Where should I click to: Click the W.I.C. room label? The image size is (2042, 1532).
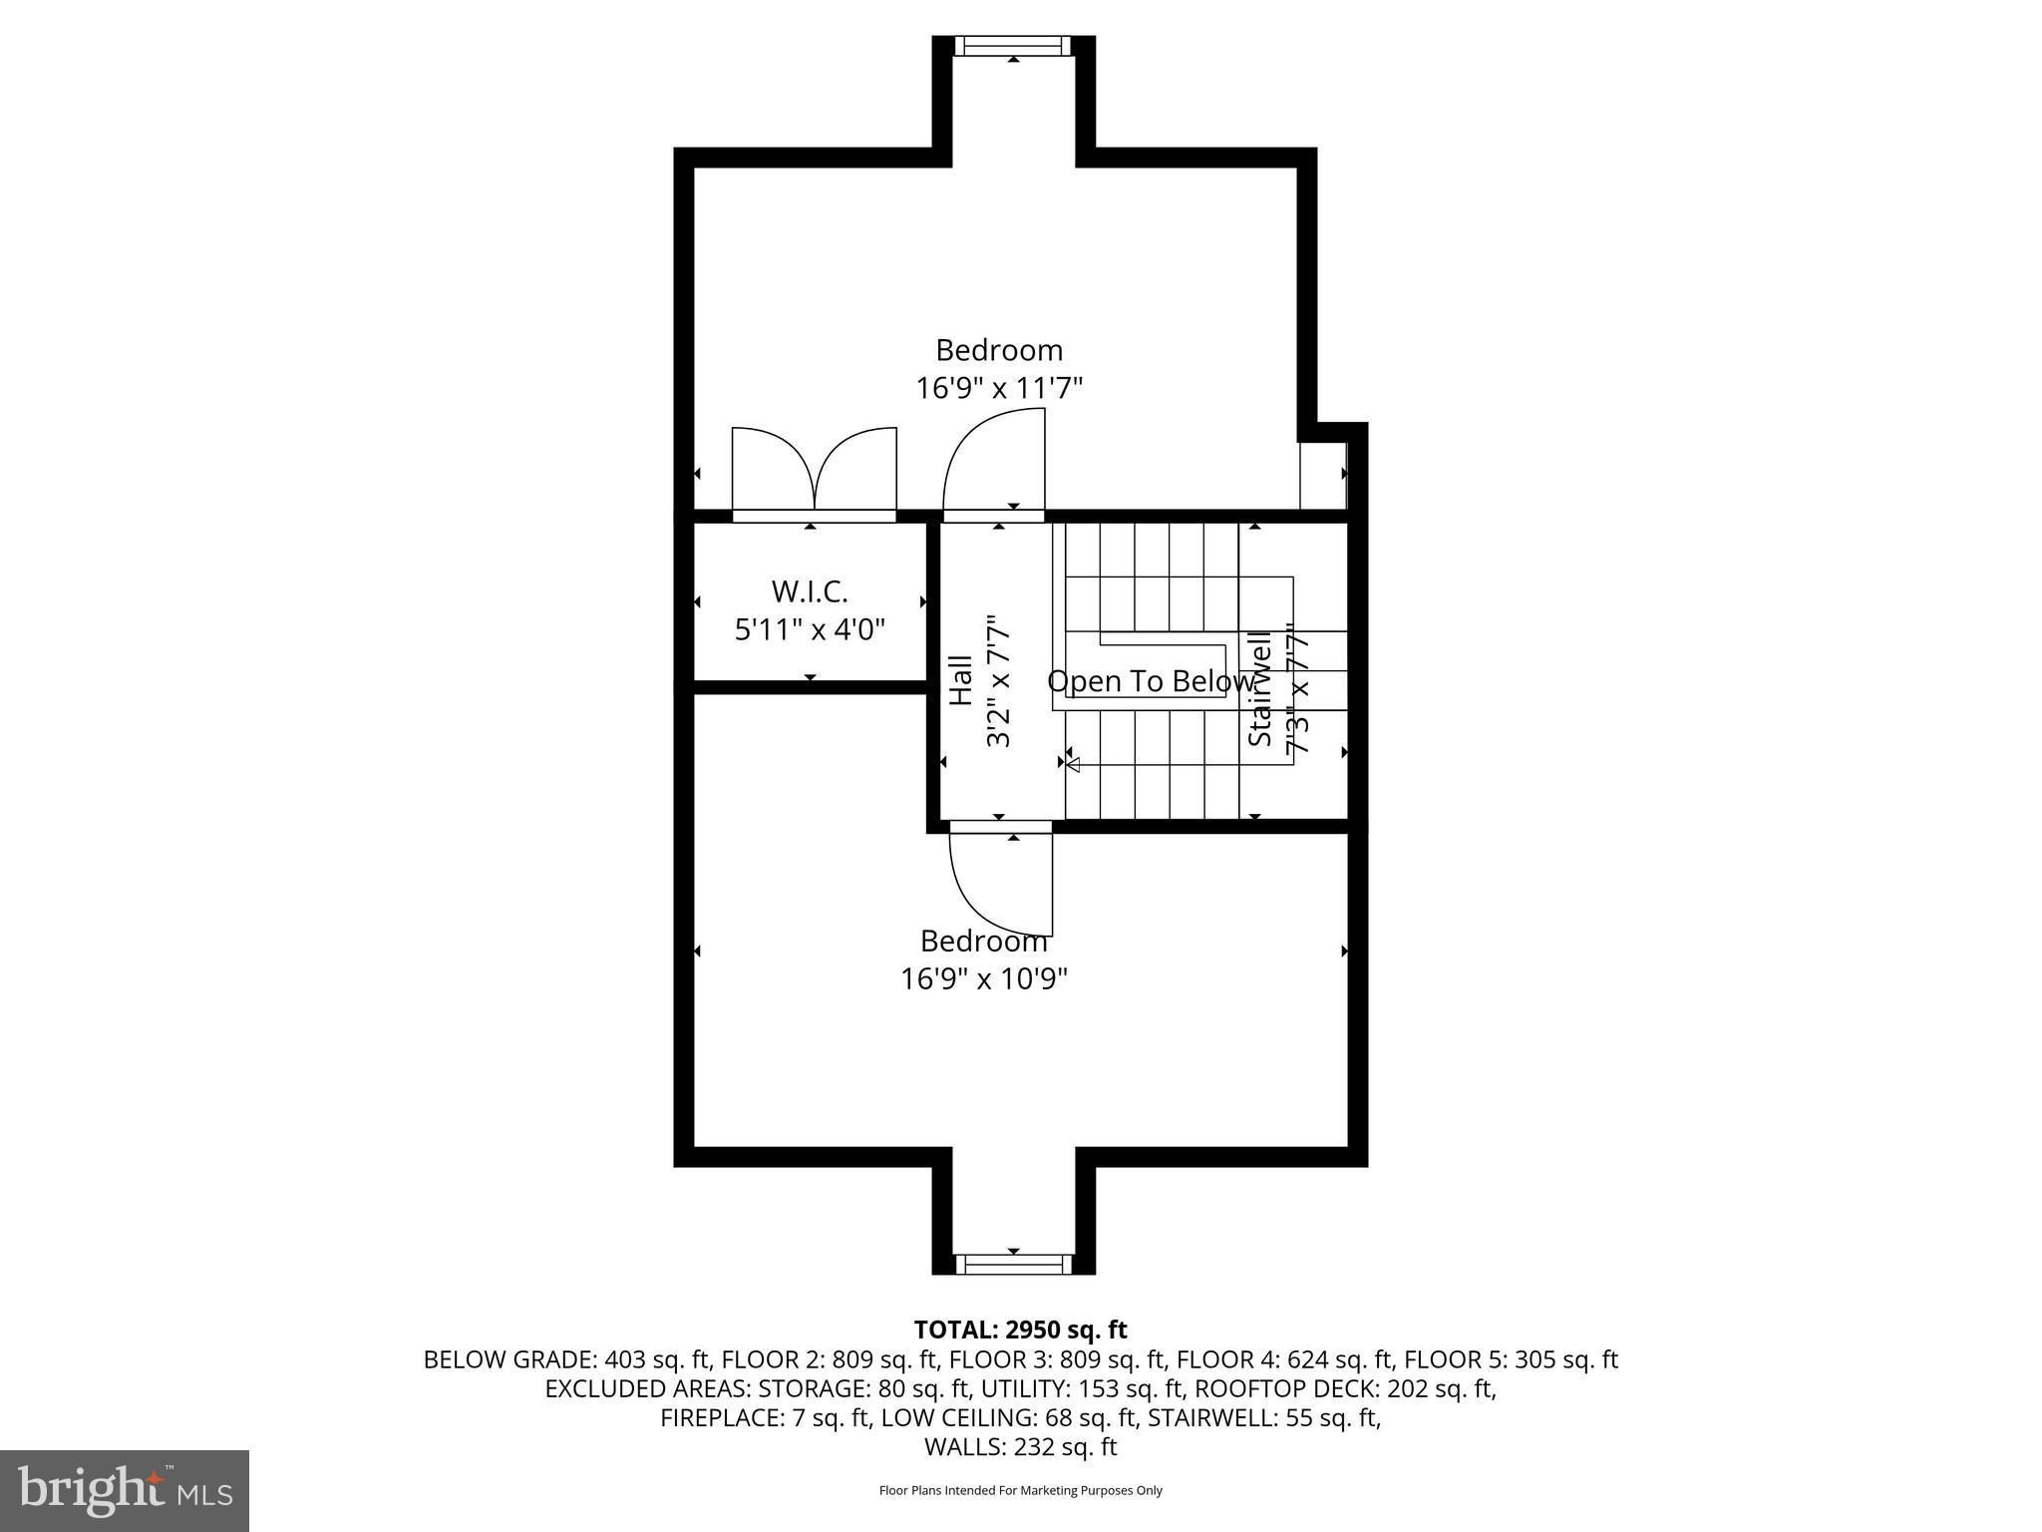tap(810, 591)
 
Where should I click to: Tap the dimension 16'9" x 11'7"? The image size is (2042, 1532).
tap(999, 388)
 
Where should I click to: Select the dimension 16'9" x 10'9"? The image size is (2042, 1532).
tap(984, 978)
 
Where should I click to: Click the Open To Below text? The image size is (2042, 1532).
tap(1150, 681)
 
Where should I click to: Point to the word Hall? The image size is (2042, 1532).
tap(960, 680)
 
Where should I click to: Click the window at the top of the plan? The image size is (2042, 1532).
tap(1013, 46)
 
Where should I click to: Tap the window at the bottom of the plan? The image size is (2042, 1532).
tap(1013, 1264)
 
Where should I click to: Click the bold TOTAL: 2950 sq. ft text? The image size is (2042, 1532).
tap(1020, 1330)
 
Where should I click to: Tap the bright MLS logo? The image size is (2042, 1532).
tap(124, 1490)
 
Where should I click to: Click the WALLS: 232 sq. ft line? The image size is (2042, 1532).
tap(1020, 1447)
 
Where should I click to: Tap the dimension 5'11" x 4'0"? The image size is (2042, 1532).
tap(810, 630)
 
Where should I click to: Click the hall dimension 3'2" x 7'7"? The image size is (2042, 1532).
tap(998, 681)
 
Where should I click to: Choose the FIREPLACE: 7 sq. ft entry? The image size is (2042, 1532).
tap(765, 1418)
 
